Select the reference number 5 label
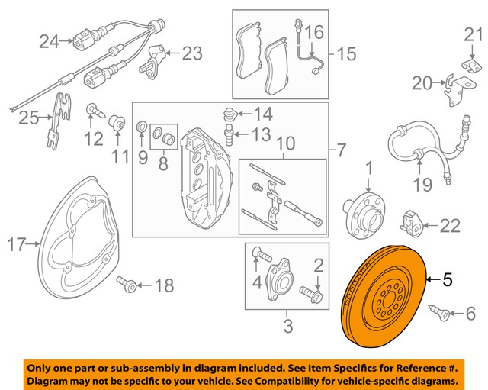click(448, 280)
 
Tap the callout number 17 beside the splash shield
click(17, 245)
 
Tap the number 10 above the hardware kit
click(284, 144)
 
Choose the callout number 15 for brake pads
click(346, 54)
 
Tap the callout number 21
click(474, 34)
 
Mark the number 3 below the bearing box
click(287, 328)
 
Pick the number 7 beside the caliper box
click(340, 147)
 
